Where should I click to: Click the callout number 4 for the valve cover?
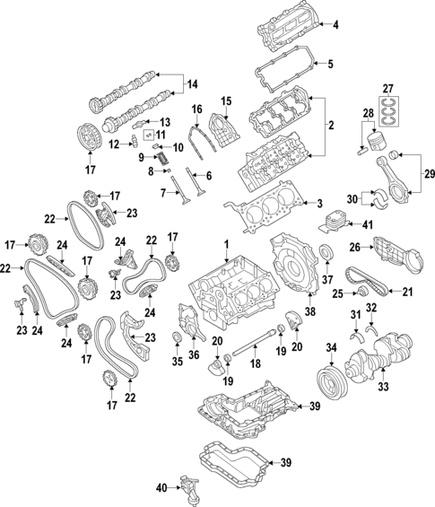coord(335,24)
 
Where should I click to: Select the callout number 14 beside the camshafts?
coord(190,85)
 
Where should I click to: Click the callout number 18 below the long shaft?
coord(256,364)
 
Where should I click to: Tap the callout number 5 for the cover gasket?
coord(329,65)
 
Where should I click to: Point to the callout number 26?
coord(352,247)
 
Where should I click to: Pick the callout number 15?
coord(226,100)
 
